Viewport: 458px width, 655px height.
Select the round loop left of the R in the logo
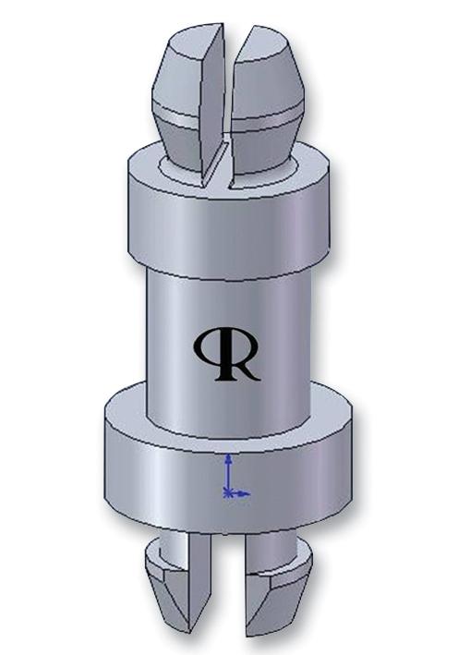(208, 346)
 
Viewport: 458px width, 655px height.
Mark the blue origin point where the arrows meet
(228, 493)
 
